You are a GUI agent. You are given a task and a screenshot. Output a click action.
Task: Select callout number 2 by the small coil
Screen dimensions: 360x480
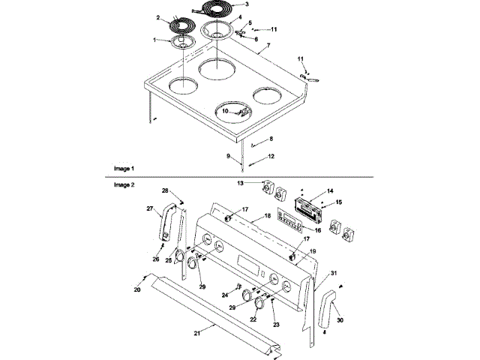point(158,16)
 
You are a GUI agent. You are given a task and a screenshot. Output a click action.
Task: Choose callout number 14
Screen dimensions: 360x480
point(330,192)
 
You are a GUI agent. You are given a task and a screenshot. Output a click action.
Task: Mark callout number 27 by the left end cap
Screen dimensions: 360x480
point(150,208)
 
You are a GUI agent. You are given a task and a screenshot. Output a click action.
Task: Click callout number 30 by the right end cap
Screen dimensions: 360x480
point(340,319)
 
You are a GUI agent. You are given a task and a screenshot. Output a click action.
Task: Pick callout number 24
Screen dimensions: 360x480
point(224,295)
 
